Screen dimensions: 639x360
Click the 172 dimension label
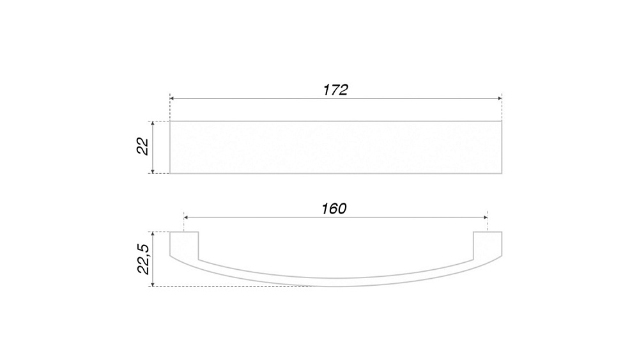point(335,90)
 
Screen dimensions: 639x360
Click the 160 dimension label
point(334,208)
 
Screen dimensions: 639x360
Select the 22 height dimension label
point(142,146)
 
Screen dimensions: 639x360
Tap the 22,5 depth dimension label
point(143,260)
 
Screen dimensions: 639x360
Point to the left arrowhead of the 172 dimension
point(172,98)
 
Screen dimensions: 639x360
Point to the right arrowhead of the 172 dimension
point(500,98)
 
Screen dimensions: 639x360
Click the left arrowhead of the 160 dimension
point(186,217)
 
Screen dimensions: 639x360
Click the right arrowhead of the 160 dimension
point(486,217)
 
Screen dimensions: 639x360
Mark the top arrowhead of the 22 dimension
point(153,123)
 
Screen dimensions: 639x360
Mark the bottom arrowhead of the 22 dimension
point(153,171)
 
